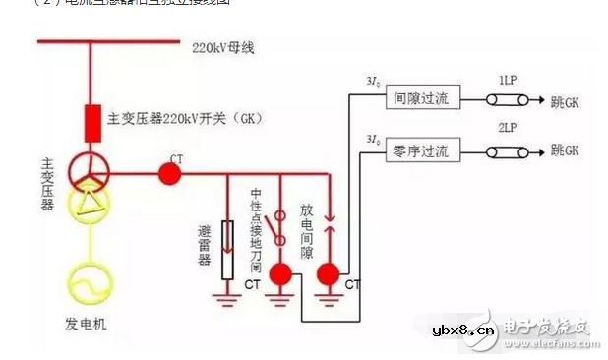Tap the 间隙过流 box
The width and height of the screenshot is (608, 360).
(420, 99)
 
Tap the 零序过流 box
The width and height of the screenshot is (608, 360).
(420, 151)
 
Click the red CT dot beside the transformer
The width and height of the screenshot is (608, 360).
(170, 173)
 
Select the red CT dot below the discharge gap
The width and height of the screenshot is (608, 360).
(329, 271)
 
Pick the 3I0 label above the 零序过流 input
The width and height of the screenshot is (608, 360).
(372, 139)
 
